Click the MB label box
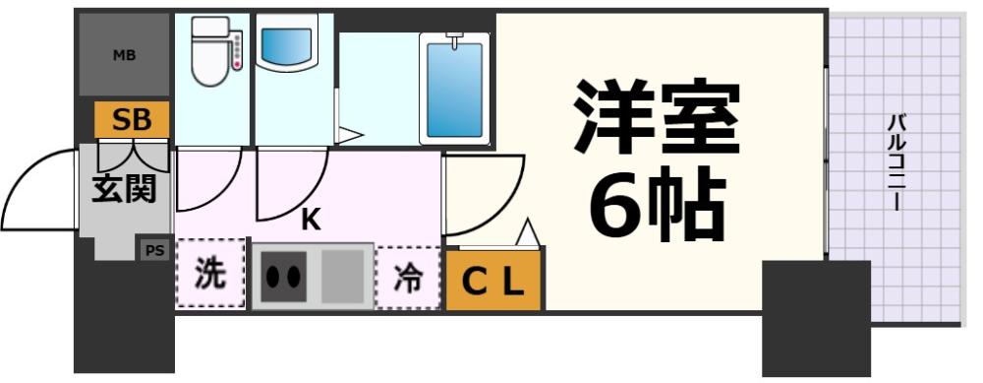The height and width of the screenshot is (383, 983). [124, 55]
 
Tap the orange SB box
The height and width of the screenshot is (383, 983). [131, 121]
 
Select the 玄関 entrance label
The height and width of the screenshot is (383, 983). [124, 187]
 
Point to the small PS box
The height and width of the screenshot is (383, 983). [155, 250]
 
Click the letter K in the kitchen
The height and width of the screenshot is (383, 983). [311, 222]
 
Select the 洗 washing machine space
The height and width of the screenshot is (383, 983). [209, 276]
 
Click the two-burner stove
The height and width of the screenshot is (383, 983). [283, 277]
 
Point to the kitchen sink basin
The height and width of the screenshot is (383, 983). [343, 276]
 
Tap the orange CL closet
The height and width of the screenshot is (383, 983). [493, 282]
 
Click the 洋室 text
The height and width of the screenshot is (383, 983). [656, 115]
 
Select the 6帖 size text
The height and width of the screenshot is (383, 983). [658, 204]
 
